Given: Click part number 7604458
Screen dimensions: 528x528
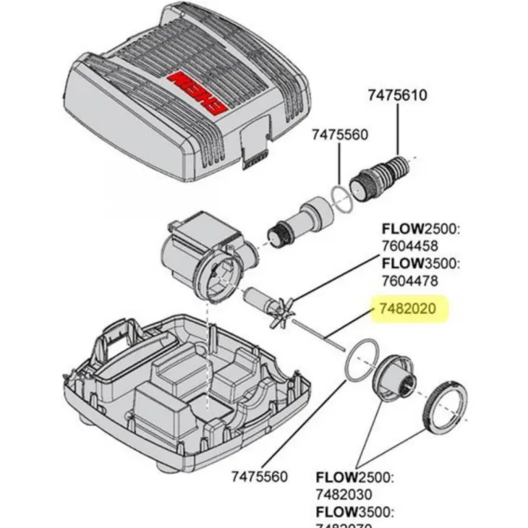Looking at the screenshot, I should [x=410, y=247].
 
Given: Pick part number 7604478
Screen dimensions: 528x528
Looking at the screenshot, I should [x=410, y=280].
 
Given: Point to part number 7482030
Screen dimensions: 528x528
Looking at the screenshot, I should [x=344, y=494].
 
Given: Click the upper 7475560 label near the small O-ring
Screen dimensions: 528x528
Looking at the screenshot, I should [x=340, y=135].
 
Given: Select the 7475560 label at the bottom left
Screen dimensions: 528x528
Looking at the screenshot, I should [x=260, y=477].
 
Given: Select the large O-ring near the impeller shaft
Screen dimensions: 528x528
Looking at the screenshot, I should [x=359, y=359].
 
